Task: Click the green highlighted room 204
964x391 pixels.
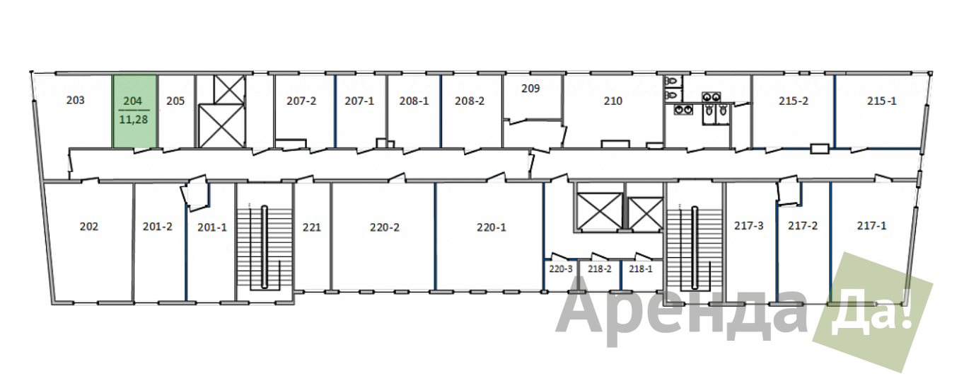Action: (134, 111)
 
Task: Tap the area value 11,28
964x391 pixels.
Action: (134, 120)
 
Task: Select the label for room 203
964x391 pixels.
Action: (75, 101)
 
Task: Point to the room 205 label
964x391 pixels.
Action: (175, 101)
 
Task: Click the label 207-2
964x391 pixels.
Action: (301, 101)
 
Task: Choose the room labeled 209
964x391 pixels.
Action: (530, 89)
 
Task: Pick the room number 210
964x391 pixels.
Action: (612, 101)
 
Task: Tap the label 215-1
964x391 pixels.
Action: (881, 101)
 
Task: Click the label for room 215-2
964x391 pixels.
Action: (793, 101)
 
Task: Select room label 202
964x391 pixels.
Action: (88, 227)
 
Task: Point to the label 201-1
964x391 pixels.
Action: (211, 227)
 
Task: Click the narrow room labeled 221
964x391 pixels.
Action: (312, 227)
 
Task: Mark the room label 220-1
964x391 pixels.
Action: (491, 227)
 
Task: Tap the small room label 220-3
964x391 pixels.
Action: (561, 269)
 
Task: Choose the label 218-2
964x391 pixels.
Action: (600, 269)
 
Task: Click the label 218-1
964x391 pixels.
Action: (640, 269)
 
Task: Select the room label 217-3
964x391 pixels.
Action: (749, 225)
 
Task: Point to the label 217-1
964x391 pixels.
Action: (871, 225)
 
